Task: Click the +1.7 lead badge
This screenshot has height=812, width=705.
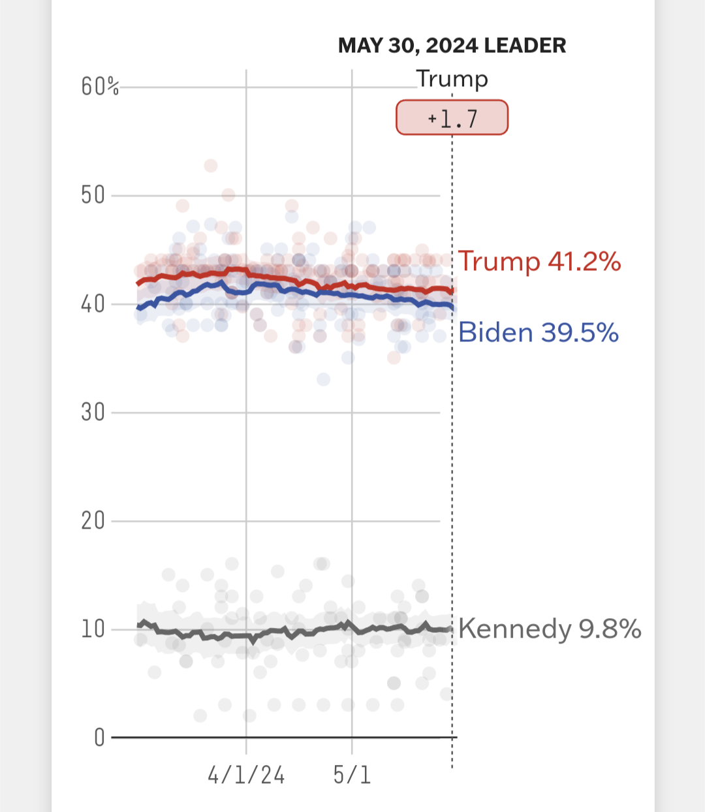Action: [452, 117]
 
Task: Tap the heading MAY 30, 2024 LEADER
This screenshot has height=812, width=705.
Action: [452, 46]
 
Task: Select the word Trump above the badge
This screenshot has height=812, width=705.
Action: [452, 79]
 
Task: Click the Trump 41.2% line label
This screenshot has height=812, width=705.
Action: [539, 262]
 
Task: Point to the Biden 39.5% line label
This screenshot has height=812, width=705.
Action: [539, 333]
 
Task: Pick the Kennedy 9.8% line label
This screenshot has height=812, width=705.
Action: [550, 629]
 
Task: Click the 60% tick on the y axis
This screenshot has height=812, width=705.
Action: [100, 86]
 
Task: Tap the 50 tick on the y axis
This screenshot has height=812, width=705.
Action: [93, 195]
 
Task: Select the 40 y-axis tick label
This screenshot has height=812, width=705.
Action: [93, 304]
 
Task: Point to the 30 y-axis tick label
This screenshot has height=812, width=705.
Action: [93, 413]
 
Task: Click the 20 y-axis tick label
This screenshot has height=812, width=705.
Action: [93, 521]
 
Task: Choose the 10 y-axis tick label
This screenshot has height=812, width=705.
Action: [93, 629]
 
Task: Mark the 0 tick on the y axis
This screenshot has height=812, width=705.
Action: [99, 738]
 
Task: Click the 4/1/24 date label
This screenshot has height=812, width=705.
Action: [246, 775]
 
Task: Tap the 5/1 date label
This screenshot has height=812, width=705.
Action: [352, 775]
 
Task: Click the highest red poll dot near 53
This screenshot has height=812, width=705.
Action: [210, 166]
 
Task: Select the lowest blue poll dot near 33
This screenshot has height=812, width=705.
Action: [323, 379]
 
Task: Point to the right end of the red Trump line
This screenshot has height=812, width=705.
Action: [452, 290]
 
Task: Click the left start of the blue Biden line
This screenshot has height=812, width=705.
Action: [138, 307]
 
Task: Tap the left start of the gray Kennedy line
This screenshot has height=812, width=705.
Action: [138, 625]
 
